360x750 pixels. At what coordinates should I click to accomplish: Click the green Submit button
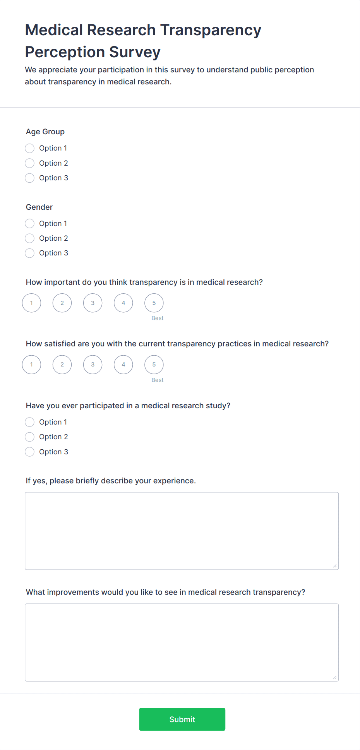pyautogui.click(x=182, y=719)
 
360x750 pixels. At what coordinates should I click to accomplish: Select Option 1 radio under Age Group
pyautogui.click(x=29, y=148)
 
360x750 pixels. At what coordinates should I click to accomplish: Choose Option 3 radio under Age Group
pyautogui.click(x=29, y=178)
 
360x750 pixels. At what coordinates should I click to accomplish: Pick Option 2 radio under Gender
pyautogui.click(x=29, y=238)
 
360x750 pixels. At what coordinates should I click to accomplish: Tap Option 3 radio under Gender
pyautogui.click(x=29, y=253)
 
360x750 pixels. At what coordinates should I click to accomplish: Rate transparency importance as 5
pyautogui.click(x=154, y=303)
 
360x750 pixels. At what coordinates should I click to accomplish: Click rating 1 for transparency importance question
pyautogui.click(x=31, y=303)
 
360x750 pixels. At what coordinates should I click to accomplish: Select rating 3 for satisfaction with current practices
pyautogui.click(x=93, y=365)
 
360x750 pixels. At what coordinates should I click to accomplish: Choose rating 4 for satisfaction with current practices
pyautogui.click(x=123, y=365)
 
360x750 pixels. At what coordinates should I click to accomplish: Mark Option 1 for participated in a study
pyautogui.click(x=29, y=422)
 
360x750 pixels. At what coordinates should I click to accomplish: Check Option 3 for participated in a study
pyautogui.click(x=29, y=452)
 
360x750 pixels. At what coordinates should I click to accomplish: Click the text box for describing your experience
pyautogui.click(x=182, y=531)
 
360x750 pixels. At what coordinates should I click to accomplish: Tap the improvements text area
pyautogui.click(x=182, y=642)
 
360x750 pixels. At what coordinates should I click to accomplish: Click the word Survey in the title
pyautogui.click(x=135, y=52)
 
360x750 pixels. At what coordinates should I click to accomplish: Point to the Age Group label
pyautogui.click(x=45, y=132)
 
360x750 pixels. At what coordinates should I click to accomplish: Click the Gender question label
pyautogui.click(x=39, y=207)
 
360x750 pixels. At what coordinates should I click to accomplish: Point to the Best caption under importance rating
pyautogui.click(x=158, y=318)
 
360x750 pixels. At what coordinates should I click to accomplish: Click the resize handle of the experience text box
pyautogui.click(x=335, y=566)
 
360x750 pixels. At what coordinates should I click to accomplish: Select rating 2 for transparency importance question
pyautogui.click(x=62, y=303)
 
